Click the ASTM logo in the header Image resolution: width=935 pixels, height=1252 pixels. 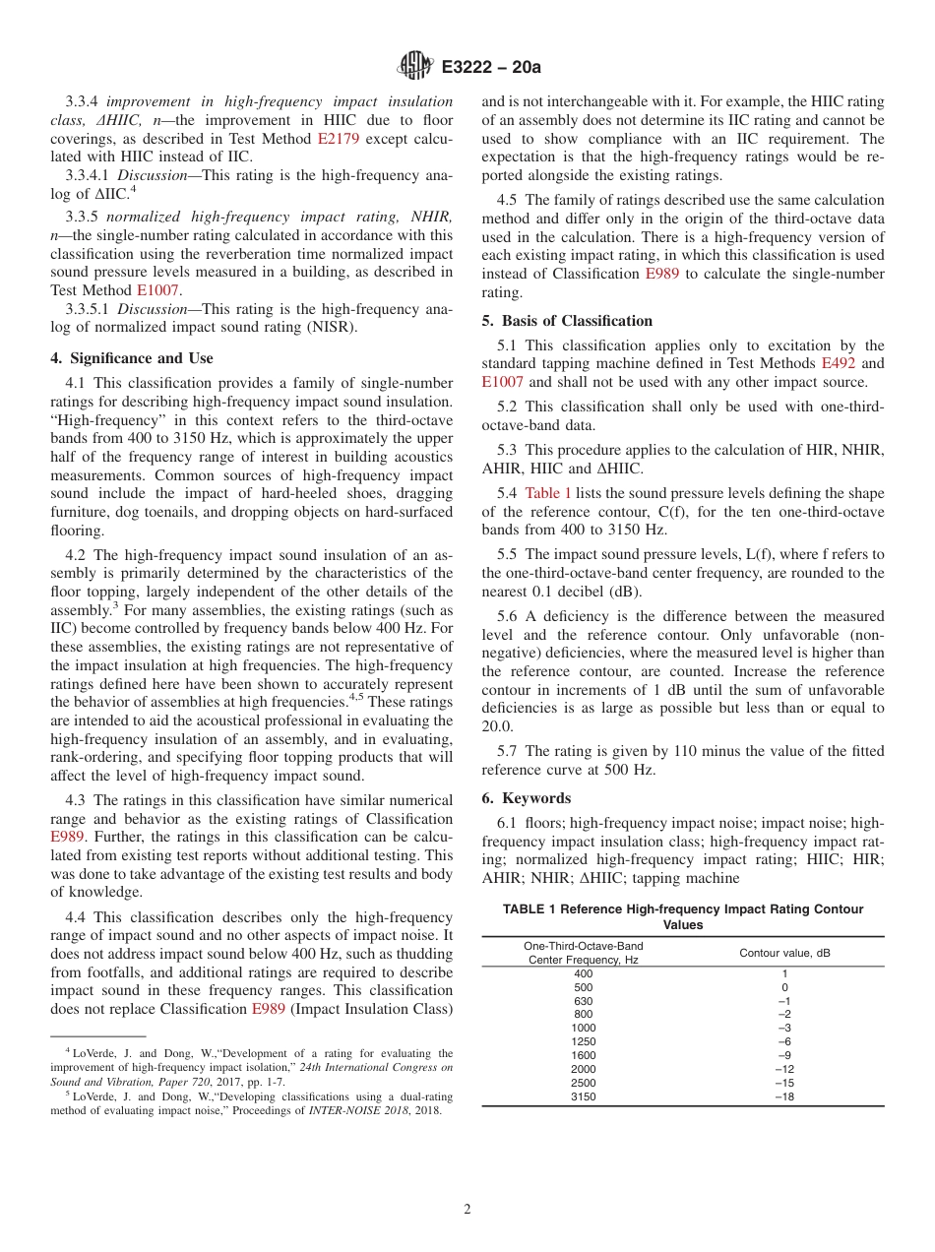[x=415, y=67]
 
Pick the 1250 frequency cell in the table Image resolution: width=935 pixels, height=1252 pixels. [x=584, y=1041]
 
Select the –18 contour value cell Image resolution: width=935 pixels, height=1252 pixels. [x=783, y=1096]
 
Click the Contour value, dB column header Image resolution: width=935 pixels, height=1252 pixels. [x=784, y=952]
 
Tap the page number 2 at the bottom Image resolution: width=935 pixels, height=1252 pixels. [x=467, y=1210]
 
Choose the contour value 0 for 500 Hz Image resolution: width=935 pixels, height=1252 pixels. [x=783, y=987]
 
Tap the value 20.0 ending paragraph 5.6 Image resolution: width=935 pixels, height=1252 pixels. [x=497, y=726]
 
